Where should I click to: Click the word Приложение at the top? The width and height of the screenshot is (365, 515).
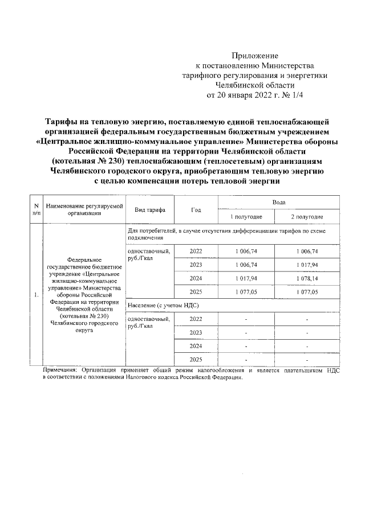point(254,56)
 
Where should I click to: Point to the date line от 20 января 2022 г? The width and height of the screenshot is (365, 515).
point(254,94)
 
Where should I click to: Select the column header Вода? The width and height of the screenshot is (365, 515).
point(278,202)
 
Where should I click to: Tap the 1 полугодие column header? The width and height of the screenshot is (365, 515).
point(246,217)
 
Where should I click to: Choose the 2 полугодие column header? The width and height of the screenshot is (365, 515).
point(307,217)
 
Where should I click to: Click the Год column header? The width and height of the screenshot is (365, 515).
point(196,210)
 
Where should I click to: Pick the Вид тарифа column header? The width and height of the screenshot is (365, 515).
point(150,210)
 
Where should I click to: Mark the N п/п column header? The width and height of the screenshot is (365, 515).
point(36,209)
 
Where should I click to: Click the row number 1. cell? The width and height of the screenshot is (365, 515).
point(36,295)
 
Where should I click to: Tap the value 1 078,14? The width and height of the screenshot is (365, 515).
point(307,278)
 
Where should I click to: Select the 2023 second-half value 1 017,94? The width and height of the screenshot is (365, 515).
point(307,265)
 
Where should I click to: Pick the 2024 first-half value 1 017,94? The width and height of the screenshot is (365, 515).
point(246,278)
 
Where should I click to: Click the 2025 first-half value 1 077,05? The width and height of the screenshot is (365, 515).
point(246,291)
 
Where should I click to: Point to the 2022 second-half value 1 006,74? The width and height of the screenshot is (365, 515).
point(307,251)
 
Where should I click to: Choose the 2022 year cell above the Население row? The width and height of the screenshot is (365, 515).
point(196,251)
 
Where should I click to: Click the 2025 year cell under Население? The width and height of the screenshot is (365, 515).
point(196,360)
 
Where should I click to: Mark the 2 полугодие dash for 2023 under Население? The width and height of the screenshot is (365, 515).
point(307,332)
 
